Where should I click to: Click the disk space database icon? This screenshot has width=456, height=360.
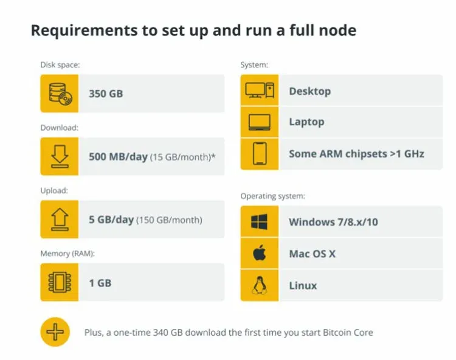pos(60,94)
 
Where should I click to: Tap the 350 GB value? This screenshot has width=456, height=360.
pos(106,94)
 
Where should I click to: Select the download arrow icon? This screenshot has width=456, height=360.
pos(60,156)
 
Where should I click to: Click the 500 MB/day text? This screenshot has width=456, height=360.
pos(118,157)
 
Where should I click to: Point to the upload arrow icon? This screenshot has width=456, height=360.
pos(60,220)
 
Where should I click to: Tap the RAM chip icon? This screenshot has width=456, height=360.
pos(60,282)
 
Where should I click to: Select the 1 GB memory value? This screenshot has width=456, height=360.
pos(100,283)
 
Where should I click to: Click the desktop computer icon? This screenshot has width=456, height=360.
pos(260,91)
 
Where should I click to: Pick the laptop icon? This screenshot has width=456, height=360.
pos(260,122)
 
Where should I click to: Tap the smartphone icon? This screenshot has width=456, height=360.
pos(260,153)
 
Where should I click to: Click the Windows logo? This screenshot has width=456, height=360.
pos(259,222)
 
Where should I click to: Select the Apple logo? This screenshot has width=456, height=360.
pos(260,253)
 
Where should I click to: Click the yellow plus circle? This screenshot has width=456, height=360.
pos(55,332)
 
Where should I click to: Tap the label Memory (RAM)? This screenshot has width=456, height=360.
pos(67,254)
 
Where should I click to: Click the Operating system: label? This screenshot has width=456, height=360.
pos(273,196)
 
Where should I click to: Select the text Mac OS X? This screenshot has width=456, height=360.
pos(312,254)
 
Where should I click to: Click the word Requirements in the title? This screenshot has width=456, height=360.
pos(84,30)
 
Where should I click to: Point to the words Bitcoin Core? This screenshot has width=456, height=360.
pos(348,333)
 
